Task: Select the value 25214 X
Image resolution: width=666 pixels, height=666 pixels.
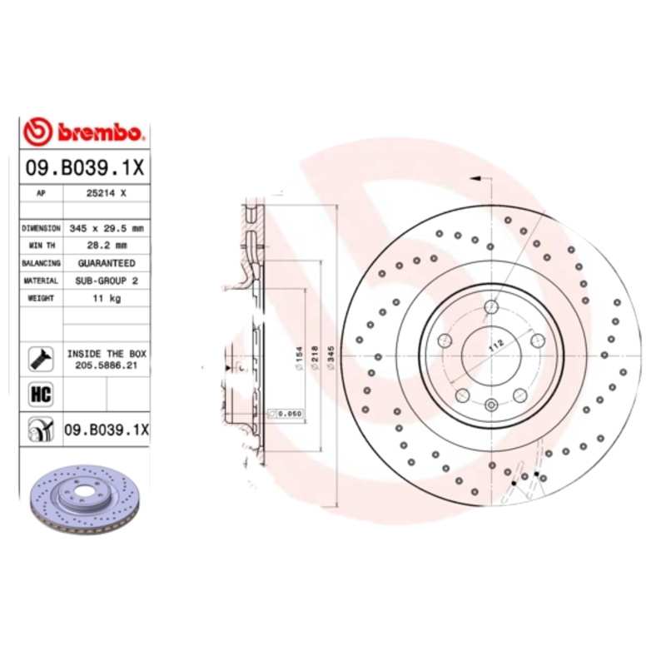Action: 106,192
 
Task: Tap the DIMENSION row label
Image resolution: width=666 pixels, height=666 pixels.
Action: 41,227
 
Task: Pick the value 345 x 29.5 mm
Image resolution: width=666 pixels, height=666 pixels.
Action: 106,227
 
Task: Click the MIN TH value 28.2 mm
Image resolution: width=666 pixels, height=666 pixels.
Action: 106,245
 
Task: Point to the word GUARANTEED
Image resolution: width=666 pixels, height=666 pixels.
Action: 106,263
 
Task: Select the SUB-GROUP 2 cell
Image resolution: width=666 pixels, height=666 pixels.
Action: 106,281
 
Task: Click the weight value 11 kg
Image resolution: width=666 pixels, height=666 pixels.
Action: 106,299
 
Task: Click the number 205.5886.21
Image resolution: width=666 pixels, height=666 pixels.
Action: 106,365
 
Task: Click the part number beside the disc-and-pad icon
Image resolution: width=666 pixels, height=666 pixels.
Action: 106,430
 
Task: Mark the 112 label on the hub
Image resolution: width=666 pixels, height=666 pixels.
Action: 497,347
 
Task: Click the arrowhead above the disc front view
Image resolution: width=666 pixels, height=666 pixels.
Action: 475,178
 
